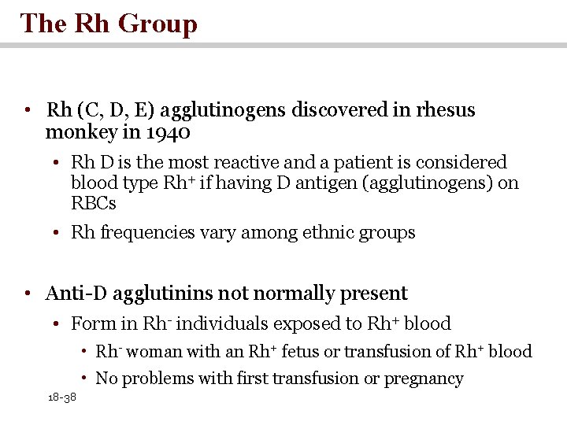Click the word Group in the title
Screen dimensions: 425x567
(157, 24)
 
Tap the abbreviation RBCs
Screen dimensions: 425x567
(94, 204)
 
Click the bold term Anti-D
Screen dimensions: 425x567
(76, 294)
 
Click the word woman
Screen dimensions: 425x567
(152, 352)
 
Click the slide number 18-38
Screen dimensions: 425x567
(61, 398)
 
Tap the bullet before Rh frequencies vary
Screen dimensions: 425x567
(59, 233)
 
